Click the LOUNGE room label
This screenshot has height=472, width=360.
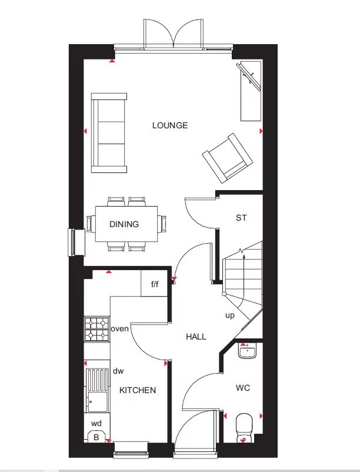[x=169, y=125]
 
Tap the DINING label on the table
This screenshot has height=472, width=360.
[x=124, y=224]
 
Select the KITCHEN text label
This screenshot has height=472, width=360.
[x=138, y=390]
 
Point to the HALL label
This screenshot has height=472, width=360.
[x=196, y=337]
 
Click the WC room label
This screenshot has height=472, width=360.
[x=243, y=388]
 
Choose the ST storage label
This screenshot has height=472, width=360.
[x=241, y=218]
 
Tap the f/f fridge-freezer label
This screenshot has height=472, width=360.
[x=155, y=285]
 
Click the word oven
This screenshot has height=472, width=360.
[x=120, y=329]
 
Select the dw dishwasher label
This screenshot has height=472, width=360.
[x=118, y=371]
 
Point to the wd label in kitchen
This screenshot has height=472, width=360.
[x=96, y=423]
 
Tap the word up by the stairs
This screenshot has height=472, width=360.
[x=230, y=315]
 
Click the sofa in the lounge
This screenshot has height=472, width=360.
[x=109, y=132]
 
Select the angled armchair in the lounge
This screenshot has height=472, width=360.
[x=229, y=157]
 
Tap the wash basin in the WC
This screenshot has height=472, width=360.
[x=246, y=352]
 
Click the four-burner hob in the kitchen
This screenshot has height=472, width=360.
[x=96, y=329]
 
